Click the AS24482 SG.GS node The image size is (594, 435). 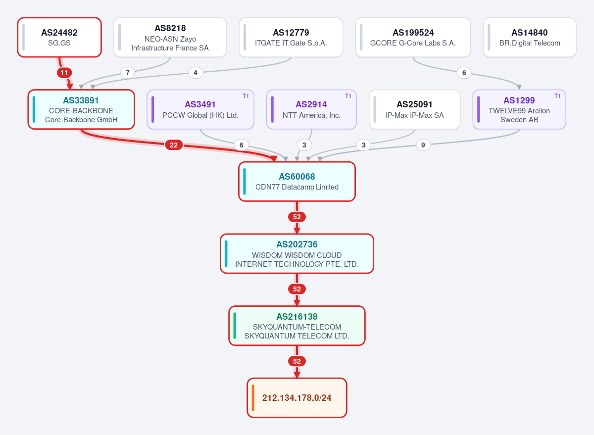point(59,38)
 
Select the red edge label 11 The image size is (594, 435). point(64,73)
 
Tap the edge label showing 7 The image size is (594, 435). point(128,73)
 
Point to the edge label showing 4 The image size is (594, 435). point(196,73)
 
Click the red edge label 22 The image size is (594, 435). point(174,145)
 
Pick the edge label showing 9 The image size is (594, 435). point(423,145)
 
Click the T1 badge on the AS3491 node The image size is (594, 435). point(246,96)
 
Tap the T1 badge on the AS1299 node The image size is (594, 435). point(557,96)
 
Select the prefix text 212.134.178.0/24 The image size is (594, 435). point(297,398)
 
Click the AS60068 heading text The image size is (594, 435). point(297,177)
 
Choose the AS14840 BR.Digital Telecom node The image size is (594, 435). point(530,38)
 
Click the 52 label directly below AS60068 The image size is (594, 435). point(297,217)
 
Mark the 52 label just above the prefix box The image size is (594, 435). point(297,361)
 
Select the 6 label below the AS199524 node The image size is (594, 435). point(464,73)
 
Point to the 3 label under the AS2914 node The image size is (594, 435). point(304,145)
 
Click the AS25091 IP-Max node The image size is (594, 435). point(414,109)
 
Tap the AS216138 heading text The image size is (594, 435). point(297,317)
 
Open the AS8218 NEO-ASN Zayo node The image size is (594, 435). point(170,38)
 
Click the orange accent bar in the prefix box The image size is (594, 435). point(253,398)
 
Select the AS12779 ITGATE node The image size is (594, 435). point(291,38)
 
